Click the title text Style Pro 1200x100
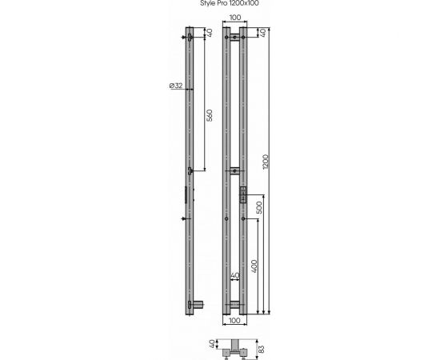point(230,3)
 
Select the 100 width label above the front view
point(235,18)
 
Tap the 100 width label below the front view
point(234,320)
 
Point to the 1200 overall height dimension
point(266,162)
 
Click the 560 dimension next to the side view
point(210,115)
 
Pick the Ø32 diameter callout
point(176,86)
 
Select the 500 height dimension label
point(259,208)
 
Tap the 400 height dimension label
point(254,266)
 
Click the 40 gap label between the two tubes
point(235,275)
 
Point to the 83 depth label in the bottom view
point(261,350)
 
